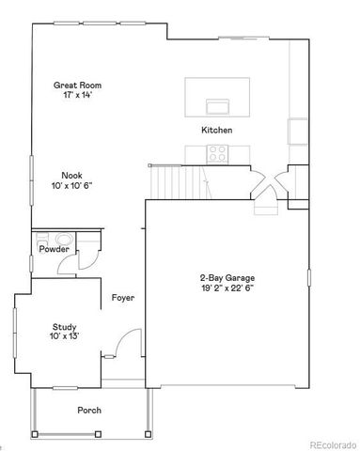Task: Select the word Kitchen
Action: tap(216, 130)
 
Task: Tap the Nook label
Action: tap(72, 175)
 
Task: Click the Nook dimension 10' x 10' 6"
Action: tap(72, 185)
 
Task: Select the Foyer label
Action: tap(123, 298)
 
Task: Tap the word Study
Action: tap(64, 325)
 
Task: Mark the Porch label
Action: tap(89, 410)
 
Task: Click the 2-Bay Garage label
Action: tap(227, 277)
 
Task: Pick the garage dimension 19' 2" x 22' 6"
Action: tap(227, 288)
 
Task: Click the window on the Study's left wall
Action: tap(14, 328)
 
